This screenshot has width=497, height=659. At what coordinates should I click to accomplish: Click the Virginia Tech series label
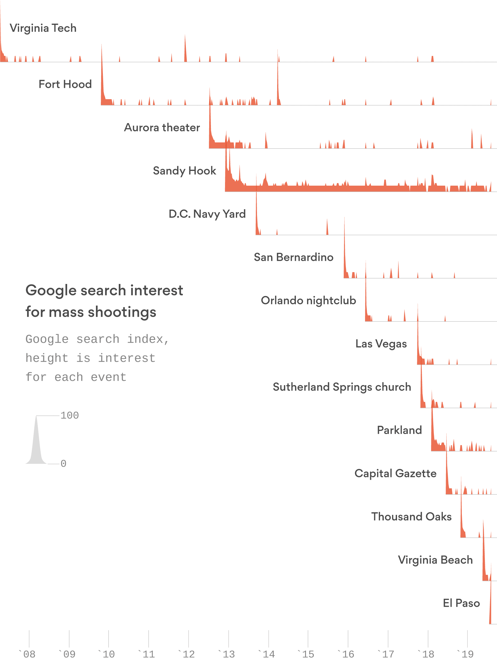43,28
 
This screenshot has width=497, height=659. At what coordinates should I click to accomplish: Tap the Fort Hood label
65,84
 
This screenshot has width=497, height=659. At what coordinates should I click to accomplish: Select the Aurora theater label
162,127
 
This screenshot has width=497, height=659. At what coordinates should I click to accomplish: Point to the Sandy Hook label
184,171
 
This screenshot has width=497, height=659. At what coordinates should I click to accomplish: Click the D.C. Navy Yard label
207,214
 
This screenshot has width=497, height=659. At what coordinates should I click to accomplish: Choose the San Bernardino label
293,257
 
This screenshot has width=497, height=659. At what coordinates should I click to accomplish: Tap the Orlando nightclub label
308,300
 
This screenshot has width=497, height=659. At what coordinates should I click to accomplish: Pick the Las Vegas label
381,344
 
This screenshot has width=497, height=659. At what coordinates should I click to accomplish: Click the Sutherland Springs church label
341,387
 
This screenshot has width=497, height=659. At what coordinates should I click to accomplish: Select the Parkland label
399,430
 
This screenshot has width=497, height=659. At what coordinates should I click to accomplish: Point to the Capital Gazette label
395,473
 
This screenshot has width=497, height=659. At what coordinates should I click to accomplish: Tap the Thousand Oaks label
411,517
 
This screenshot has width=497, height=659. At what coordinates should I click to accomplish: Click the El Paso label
461,603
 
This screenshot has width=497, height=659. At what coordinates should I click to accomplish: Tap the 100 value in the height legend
69,415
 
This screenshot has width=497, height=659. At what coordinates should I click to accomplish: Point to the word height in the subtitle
47,358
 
